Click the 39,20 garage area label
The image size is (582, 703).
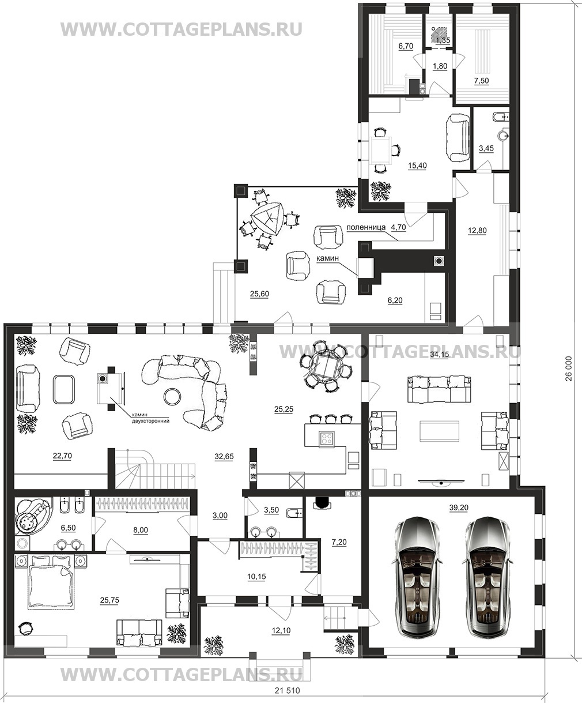[459, 507]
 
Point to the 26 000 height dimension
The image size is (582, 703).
[569, 369]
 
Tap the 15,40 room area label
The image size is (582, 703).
[417, 166]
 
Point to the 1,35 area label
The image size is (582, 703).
[443, 40]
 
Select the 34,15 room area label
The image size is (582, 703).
[439, 354]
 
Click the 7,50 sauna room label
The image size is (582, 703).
[481, 81]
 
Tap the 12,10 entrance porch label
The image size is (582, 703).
[281, 630]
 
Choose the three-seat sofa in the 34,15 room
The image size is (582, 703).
[439, 389]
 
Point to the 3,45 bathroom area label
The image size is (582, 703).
[486, 148]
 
